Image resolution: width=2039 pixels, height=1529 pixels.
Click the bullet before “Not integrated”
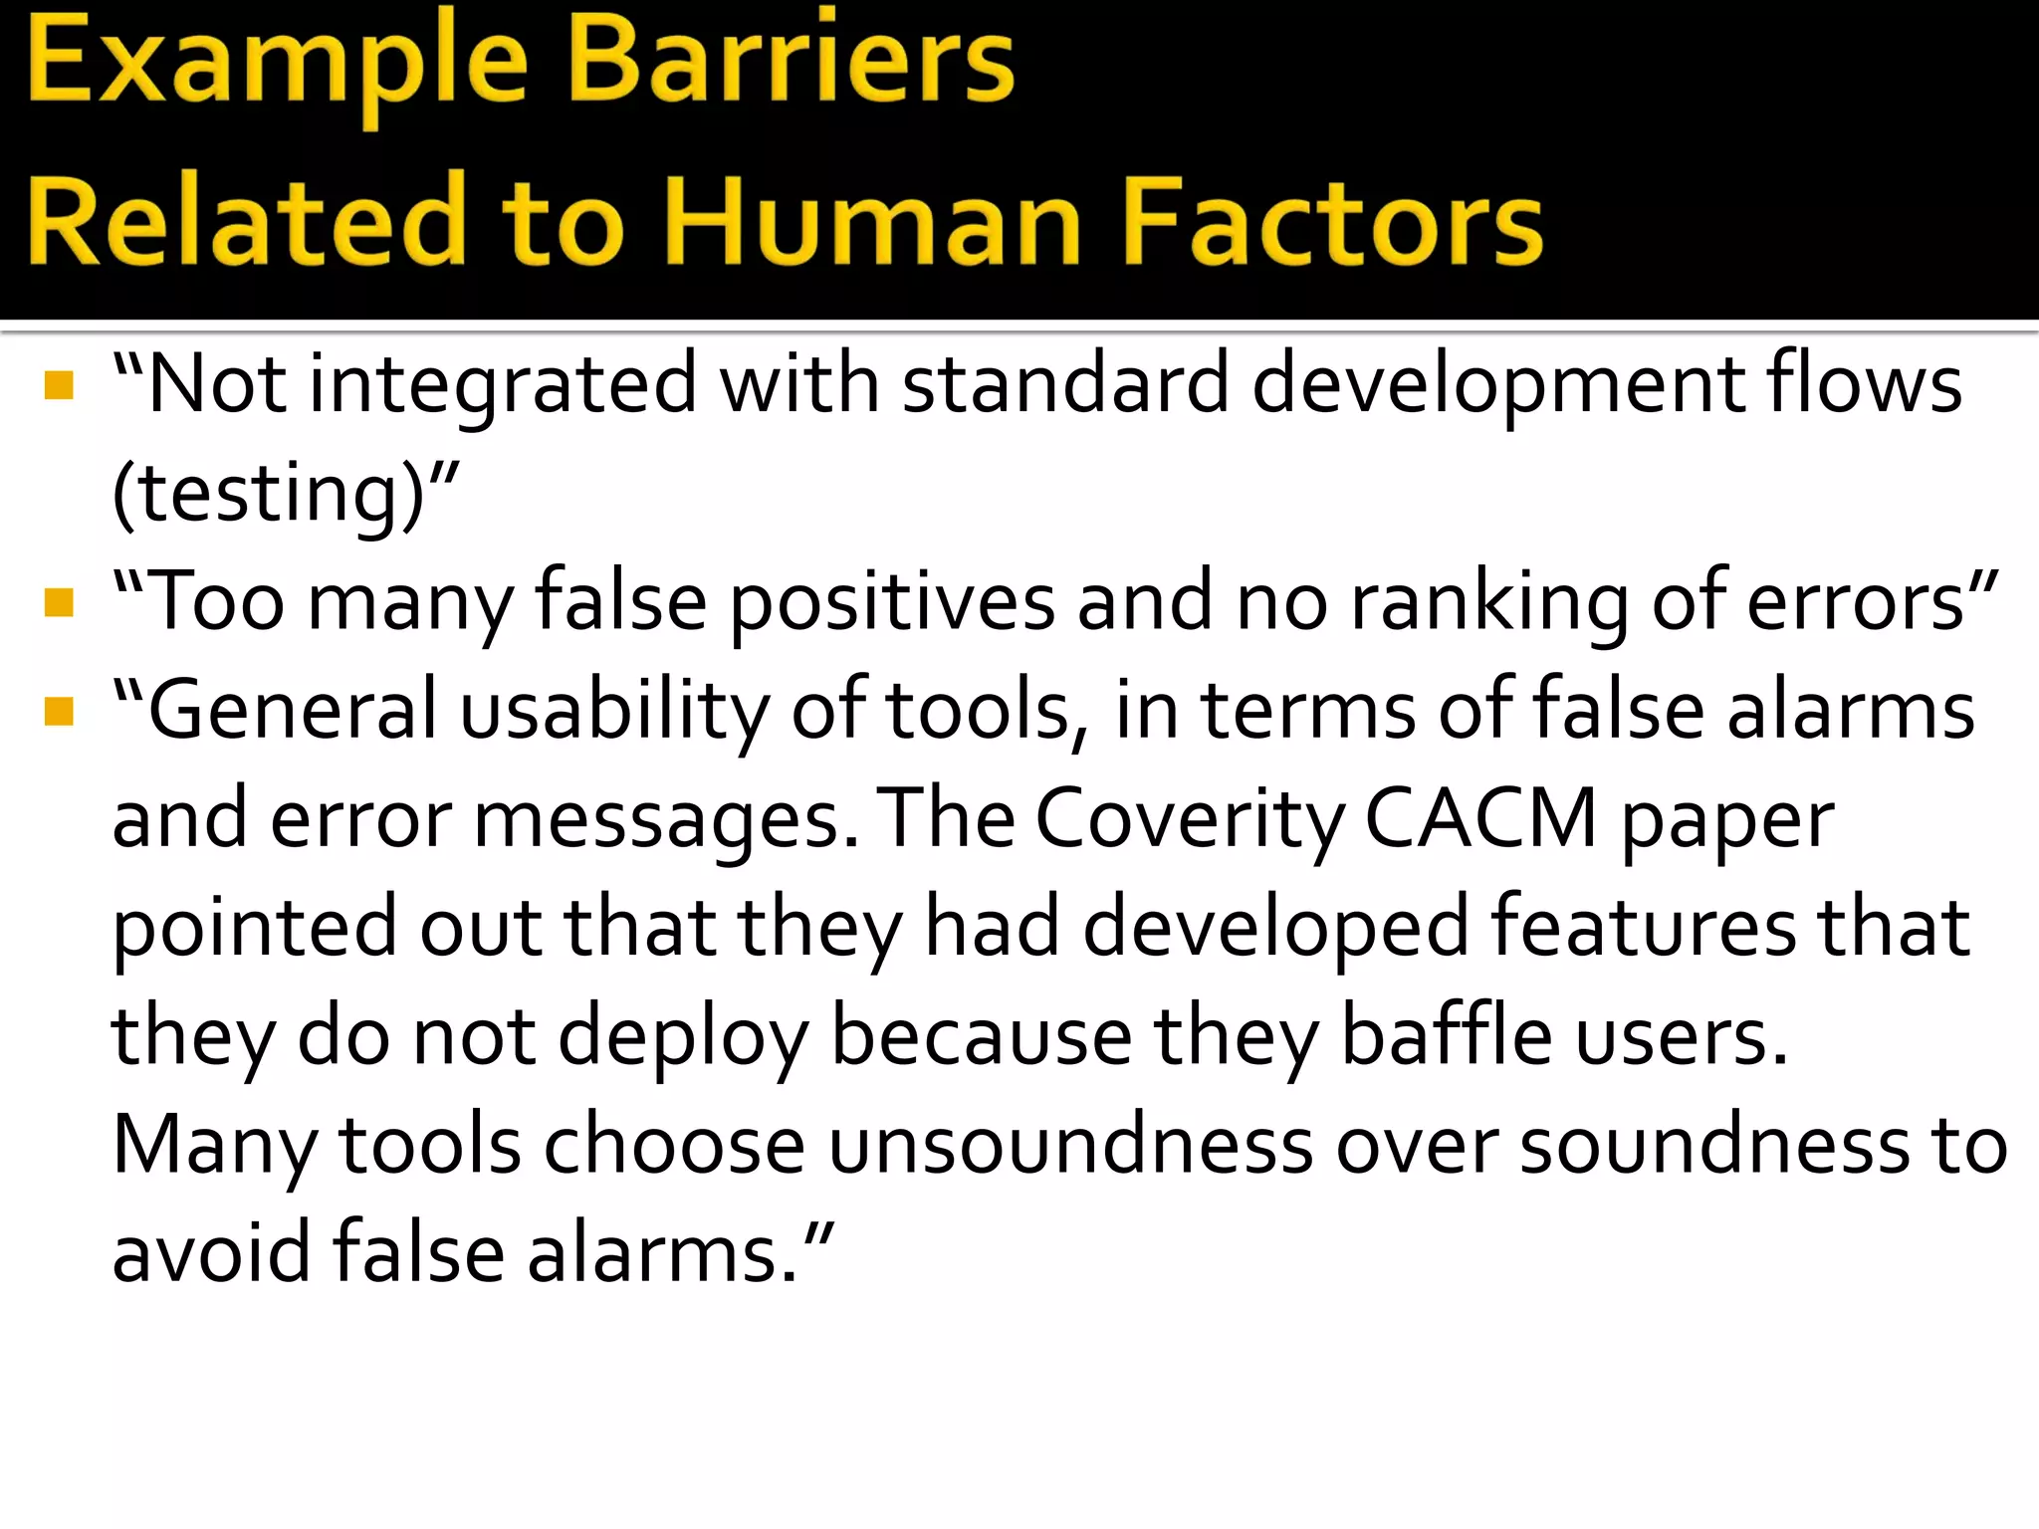tap(60, 385)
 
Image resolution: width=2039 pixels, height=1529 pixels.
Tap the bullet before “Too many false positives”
tap(60, 602)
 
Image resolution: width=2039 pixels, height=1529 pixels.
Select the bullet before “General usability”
tap(60, 711)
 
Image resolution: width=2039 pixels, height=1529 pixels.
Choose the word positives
tap(893, 602)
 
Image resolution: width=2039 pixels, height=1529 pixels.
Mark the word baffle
tap(1447, 1036)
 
